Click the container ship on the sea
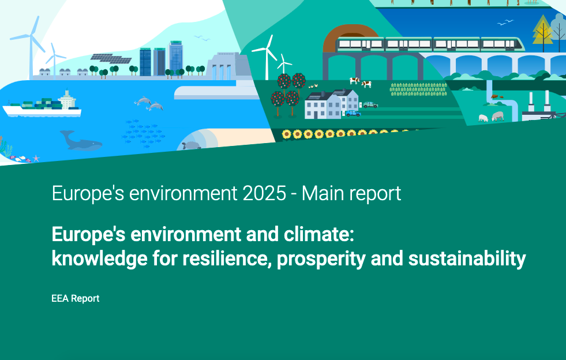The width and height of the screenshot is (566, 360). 42,106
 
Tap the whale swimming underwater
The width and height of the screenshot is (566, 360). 81,141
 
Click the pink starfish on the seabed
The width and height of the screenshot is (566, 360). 36,158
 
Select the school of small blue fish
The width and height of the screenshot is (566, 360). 143,133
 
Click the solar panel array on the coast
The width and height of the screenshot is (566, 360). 110,58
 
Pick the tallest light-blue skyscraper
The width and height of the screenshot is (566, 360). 176,58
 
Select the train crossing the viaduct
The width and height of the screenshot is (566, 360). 430,44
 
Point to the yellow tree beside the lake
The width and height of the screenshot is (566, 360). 542,31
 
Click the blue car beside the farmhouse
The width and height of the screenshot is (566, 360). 353,114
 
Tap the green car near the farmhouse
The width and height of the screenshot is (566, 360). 370,105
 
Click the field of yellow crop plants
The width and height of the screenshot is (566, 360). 418,89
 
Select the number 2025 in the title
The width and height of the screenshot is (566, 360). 265,193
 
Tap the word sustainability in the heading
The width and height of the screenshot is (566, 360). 467,258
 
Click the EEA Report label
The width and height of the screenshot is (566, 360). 76,299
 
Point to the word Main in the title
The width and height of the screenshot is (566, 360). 320,193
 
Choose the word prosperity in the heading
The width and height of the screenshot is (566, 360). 321,259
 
